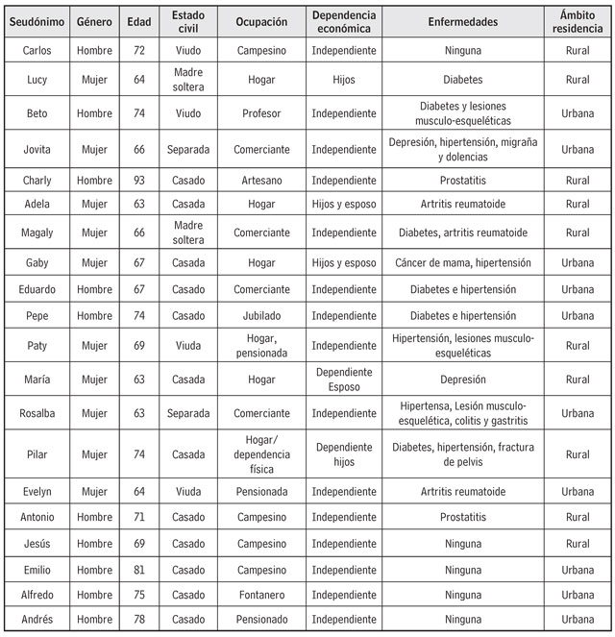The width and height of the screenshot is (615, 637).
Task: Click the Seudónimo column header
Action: click(x=37, y=22)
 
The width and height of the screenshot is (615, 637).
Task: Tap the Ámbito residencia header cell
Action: click(x=577, y=22)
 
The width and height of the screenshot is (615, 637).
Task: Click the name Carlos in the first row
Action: click(x=37, y=50)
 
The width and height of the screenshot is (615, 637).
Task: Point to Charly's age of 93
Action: click(x=138, y=180)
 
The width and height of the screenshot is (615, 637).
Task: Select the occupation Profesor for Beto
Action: click(x=261, y=113)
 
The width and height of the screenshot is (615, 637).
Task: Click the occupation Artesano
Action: click(x=261, y=180)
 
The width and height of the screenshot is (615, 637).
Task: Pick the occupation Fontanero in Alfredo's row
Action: click(x=261, y=595)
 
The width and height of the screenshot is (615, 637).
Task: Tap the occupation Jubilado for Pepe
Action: click(x=261, y=315)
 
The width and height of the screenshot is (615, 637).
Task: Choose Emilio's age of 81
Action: click(x=138, y=570)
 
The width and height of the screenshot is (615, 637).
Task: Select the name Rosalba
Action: click(x=37, y=413)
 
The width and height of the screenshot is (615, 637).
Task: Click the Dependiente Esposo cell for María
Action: click(x=343, y=380)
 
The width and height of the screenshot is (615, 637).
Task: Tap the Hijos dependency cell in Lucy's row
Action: click(x=343, y=80)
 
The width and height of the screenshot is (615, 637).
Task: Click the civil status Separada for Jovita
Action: click(x=188, y=149)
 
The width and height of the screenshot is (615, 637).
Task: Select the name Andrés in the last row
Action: click(x=37, y=620)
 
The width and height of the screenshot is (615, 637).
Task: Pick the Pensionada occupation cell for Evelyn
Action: click(x=261, y=491)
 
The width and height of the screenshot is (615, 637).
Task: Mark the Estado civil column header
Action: click(x=188, y=22)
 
